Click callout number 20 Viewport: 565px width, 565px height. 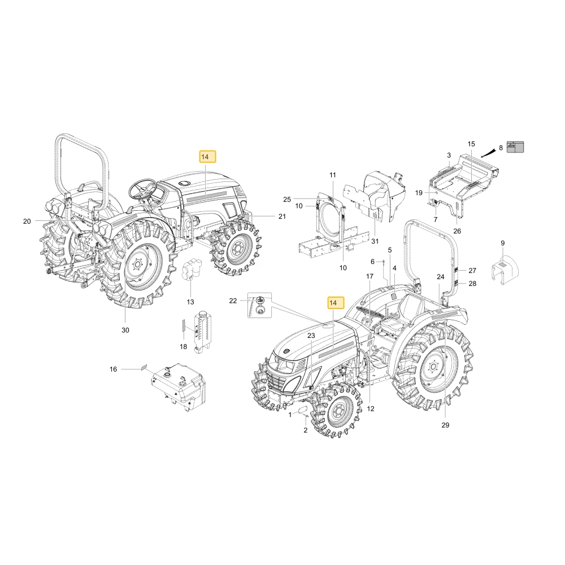(x=27, y=221)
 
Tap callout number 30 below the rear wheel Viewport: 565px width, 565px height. (x=125, y=330)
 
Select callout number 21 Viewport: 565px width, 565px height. (x=282, y=216)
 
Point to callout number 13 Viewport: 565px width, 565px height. (x=190, y=302)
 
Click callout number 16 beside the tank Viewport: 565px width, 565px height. (x=113, y=369)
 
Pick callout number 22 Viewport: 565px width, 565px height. (x=233, y=301)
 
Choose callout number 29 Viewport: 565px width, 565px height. (x=445, y=425)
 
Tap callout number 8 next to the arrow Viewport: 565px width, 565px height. (x=501, y=147)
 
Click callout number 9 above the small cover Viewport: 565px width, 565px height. (x=503, y=243)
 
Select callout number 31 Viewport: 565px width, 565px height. (x=375, y=241)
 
